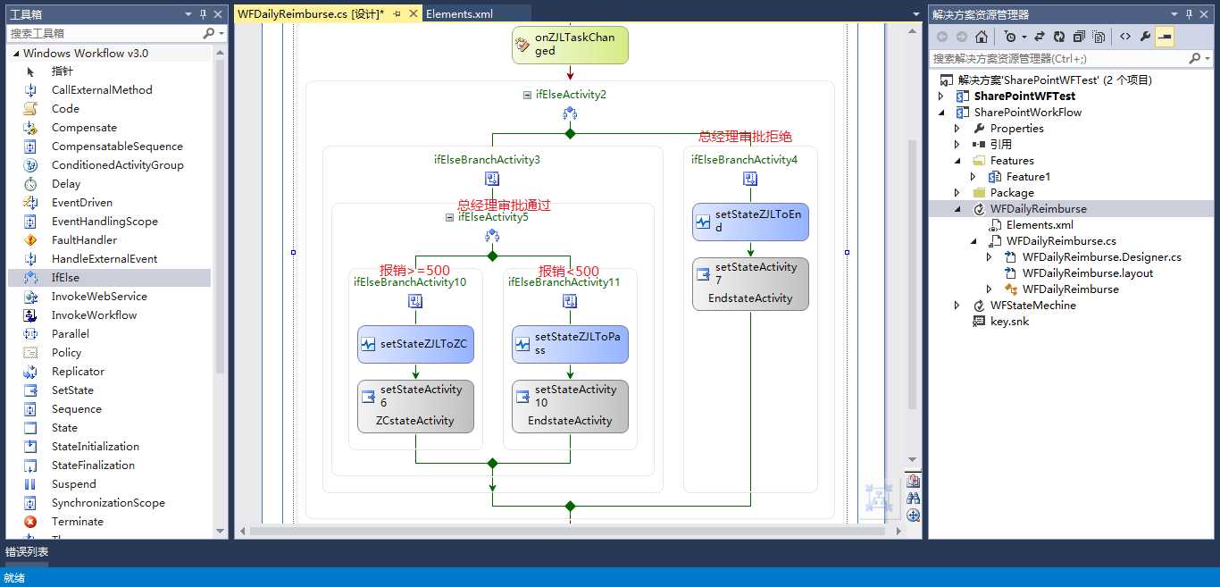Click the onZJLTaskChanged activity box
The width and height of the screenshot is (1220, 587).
(x=570, y=45)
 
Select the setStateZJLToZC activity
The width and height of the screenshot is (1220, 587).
(x=415, y=344)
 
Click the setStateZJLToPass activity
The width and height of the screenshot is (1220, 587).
(x=570, y=344)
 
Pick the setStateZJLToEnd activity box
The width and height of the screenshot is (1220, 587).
(x=750, y=222)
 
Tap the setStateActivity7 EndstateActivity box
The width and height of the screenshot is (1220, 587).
(x=750, y=283)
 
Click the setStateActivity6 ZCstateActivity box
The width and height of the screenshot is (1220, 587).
(x=415, y=406)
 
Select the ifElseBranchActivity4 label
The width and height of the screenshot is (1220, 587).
(x=744, y=160)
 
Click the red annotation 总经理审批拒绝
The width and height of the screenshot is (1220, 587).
(x=745, y=137)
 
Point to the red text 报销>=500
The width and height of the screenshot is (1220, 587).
(x=414, y=271)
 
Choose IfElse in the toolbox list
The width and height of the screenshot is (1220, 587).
(x=65, y=278)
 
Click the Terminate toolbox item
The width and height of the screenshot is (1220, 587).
(x=77, y=522)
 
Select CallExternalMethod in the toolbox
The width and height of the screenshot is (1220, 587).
(x=102, y=90)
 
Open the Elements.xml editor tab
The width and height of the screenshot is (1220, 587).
(x=459, y=13)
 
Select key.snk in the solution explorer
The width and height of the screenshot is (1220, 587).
(x=1009, y=322)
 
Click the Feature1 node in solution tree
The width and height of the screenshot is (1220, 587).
(x=1028, y=177)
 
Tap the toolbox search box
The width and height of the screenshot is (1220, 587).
(x=105, y=33)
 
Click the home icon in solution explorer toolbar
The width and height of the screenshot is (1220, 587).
(x=981, y=37)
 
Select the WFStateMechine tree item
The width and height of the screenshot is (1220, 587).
(x=1032, y=306)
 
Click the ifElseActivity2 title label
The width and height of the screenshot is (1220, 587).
(x=571, y=95)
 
